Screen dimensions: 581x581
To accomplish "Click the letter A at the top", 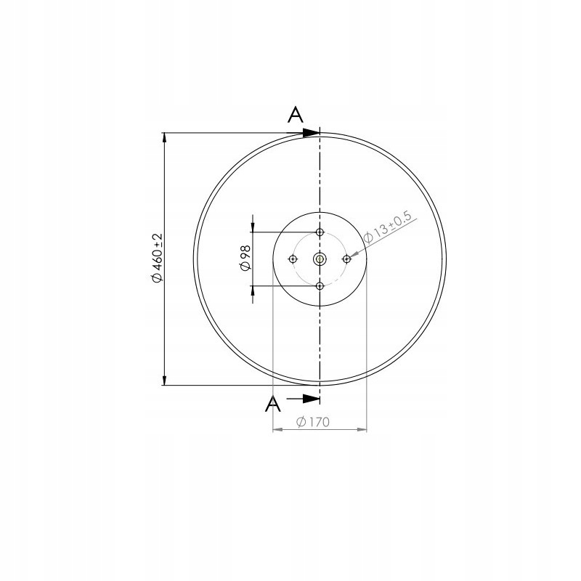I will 295,114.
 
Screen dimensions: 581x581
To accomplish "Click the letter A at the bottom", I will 274,404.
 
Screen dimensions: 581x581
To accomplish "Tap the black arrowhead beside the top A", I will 311,133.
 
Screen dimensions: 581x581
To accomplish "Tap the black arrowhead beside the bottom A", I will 311,398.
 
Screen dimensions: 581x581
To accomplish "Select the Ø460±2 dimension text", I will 155,259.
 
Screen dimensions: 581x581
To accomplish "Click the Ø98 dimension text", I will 244,259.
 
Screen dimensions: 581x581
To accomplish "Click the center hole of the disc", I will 320,259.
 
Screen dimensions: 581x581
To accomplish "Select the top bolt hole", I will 320,232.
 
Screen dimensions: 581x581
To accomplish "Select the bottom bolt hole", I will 320,286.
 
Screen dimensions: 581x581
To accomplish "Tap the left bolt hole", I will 293,259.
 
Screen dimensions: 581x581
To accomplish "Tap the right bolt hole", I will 346,259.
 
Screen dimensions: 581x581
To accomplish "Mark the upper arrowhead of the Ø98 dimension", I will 253,227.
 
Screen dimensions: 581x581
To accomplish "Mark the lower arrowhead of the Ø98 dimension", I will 253,291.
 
